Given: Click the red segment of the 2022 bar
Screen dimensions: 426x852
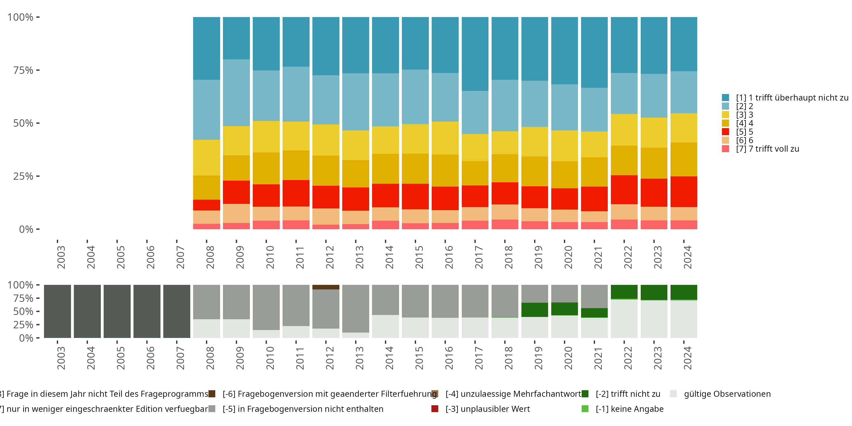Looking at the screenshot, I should (624, 189).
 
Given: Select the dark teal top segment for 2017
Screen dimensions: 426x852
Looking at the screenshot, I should (475, 54).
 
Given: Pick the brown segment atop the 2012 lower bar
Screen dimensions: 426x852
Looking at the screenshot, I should (326, 287).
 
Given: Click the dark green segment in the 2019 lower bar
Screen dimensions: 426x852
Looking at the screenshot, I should (534, 310).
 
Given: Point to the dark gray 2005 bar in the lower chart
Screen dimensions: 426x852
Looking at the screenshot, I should (117, 311).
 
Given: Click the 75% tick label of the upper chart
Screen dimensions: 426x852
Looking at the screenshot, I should (23, 70).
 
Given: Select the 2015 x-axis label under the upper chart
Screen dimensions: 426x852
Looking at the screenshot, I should (419, 257).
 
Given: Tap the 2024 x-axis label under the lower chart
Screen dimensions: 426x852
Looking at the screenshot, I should (687, 358).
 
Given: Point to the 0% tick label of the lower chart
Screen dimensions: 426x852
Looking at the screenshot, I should (26, 338).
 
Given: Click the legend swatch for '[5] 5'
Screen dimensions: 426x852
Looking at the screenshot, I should (725, 132).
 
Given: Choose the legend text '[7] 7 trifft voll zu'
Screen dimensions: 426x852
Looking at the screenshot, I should (767, 149).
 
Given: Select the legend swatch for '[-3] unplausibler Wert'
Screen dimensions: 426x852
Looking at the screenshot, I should (435, 409).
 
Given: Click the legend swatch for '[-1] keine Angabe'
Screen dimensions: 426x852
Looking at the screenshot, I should (585, 409).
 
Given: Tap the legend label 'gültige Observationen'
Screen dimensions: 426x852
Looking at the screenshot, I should (727, 394).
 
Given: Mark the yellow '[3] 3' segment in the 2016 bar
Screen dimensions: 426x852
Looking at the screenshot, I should (445, 138).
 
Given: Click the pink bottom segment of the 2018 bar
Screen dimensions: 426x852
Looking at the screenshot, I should (505, 224).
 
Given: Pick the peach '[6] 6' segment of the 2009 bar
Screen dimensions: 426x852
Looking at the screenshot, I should (236, 213).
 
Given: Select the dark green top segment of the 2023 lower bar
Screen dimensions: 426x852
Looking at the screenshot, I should (654, 292).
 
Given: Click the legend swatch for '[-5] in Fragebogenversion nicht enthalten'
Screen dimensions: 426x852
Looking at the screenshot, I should (212, 409).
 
